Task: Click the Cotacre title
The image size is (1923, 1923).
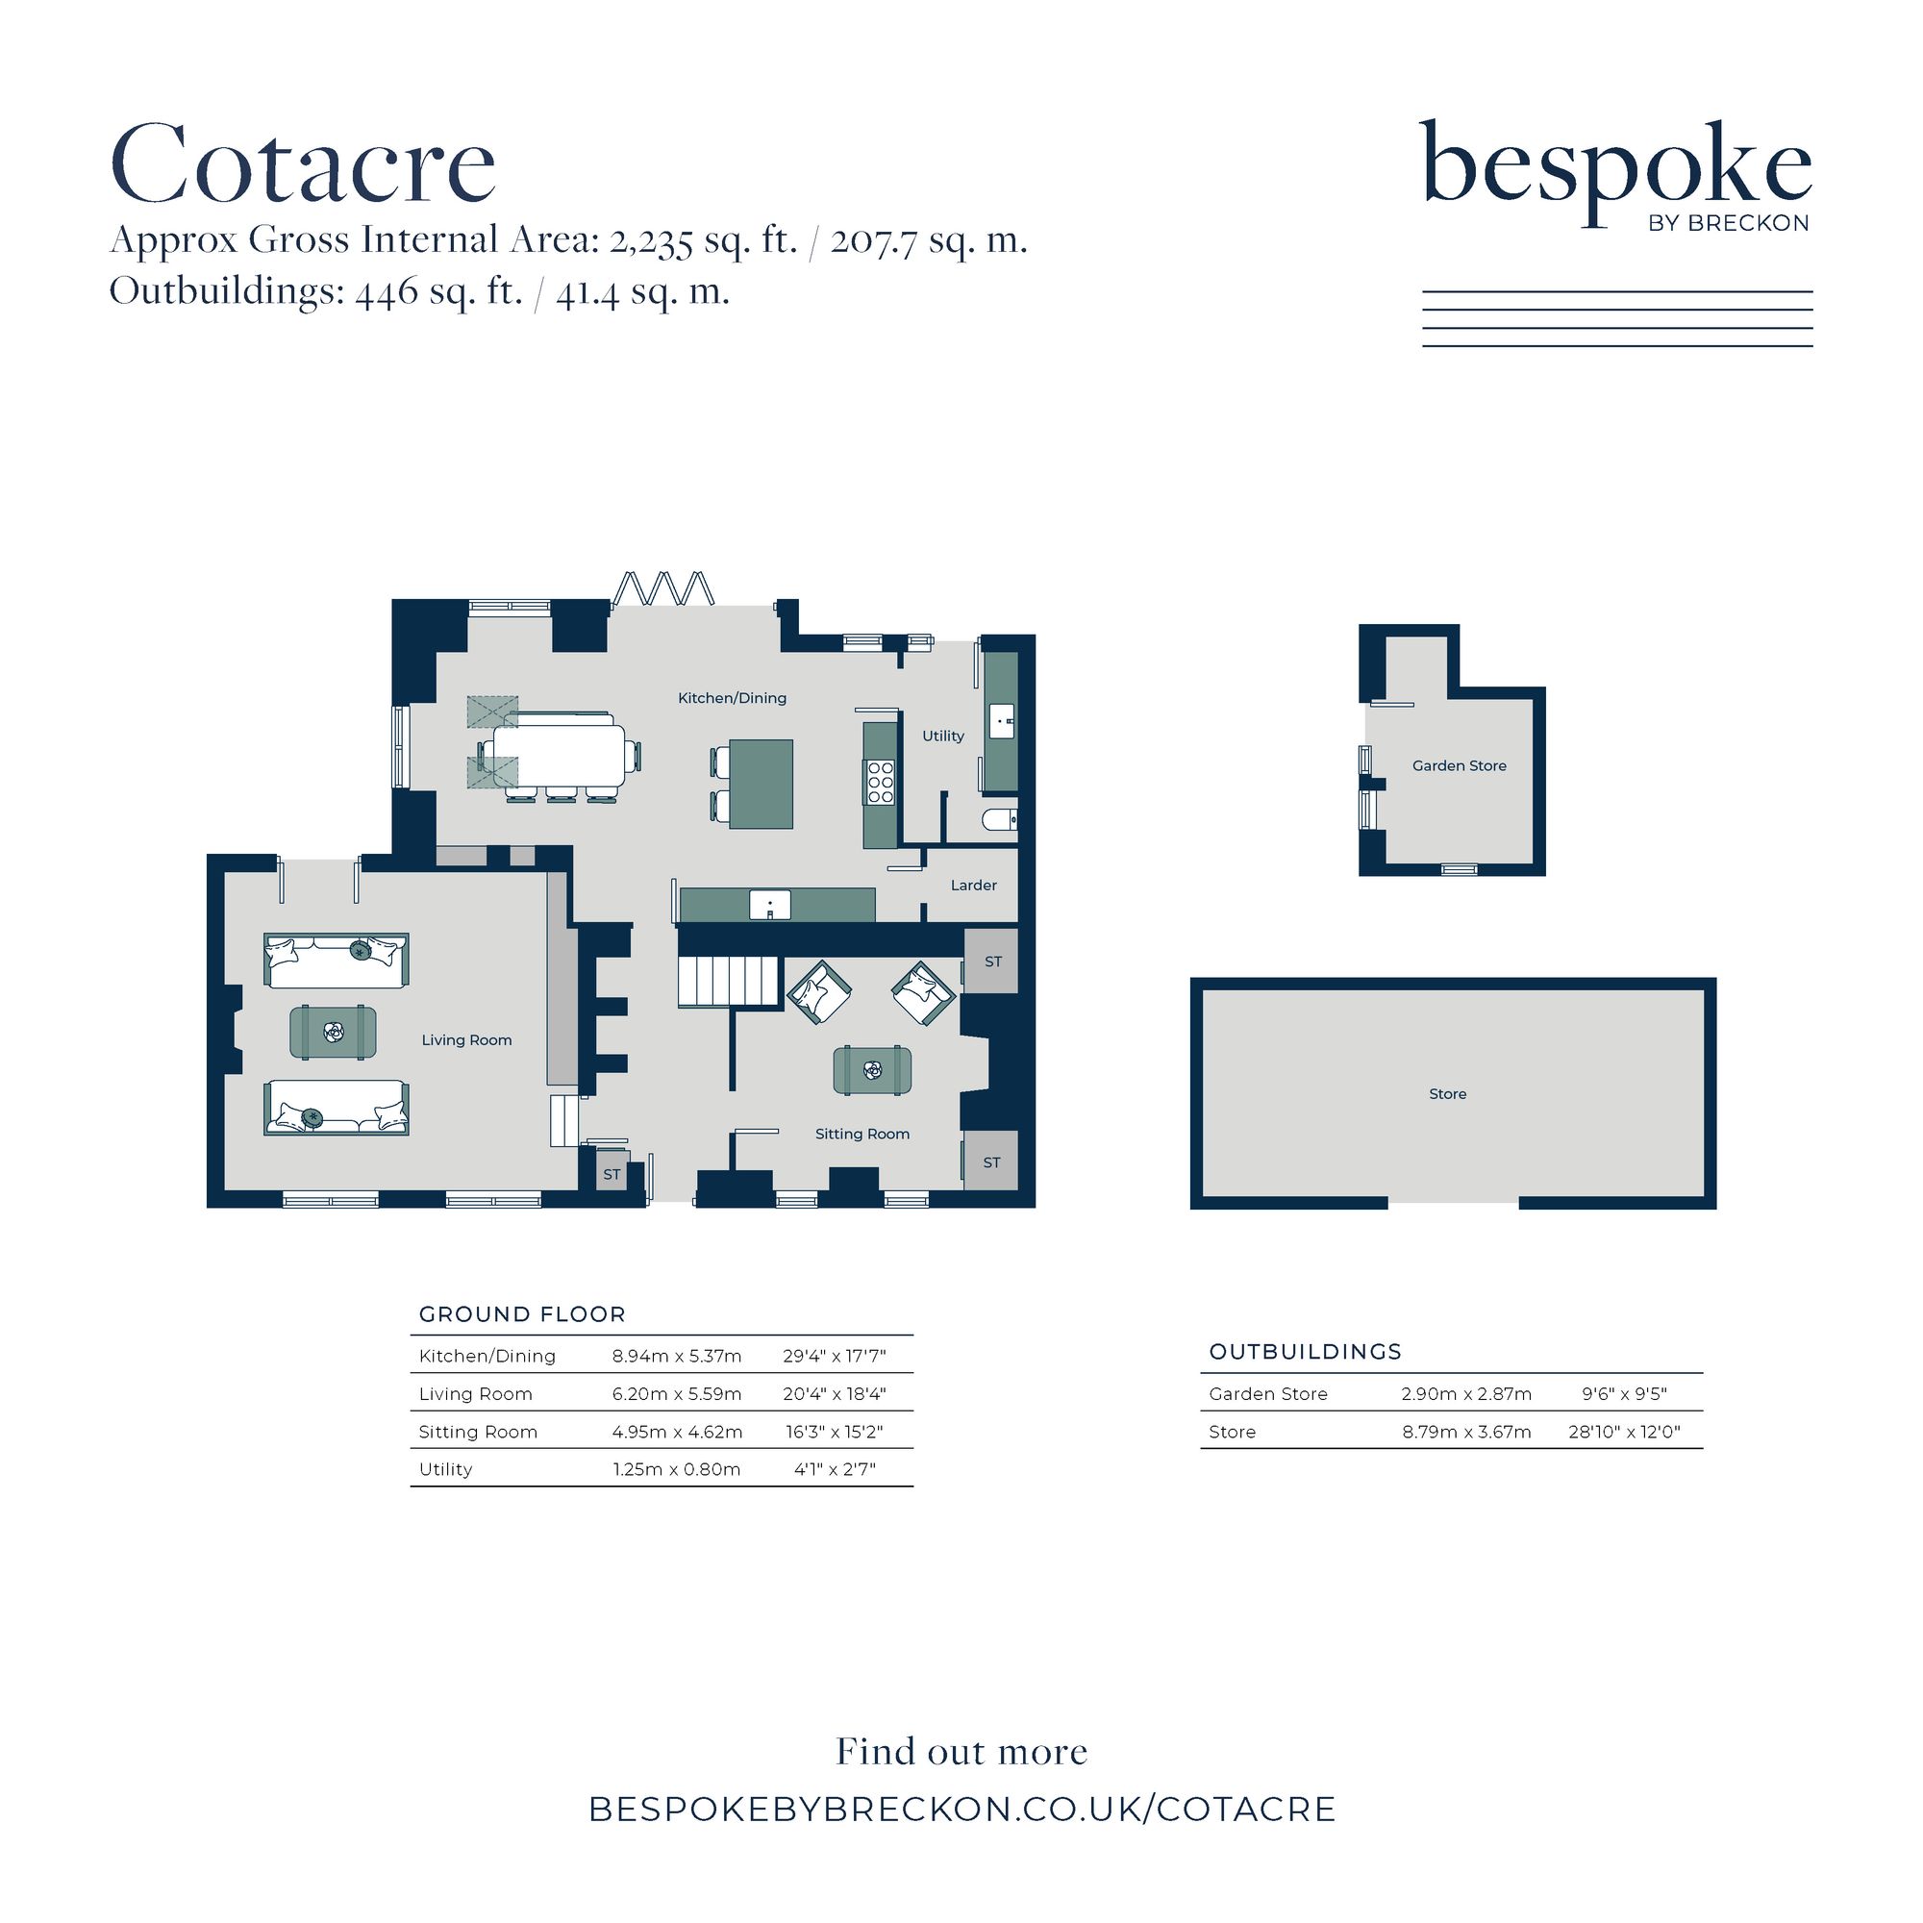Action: point(303,163)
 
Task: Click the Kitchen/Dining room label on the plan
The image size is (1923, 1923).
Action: point(732,698)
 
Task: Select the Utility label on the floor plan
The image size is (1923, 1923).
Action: point(942,736)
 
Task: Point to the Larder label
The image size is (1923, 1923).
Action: point(973,885)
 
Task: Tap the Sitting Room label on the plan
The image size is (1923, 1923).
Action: point(862,1134)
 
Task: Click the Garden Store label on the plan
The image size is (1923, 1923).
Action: point(1460,765)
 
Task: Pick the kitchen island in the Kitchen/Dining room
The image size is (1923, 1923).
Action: point(762,784)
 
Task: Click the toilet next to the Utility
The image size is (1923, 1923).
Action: point(998,819)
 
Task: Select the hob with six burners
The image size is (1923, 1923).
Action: point(880,782)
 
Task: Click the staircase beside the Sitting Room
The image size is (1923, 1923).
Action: point(728,982)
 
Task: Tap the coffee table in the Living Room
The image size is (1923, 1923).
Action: point(333,1032)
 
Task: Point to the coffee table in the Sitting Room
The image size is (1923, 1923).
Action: point(872,1071)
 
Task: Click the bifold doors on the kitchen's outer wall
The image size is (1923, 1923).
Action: point(663,587)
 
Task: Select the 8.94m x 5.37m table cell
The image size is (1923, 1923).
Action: point(677,1356)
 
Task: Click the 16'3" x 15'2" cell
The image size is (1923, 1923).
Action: point(834,1432)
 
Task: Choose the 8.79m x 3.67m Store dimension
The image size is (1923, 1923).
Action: point(1466,1432)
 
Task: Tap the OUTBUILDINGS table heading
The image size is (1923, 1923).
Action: point(1305,1352)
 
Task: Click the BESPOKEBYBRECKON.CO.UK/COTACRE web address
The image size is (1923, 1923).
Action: point(961,1810)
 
